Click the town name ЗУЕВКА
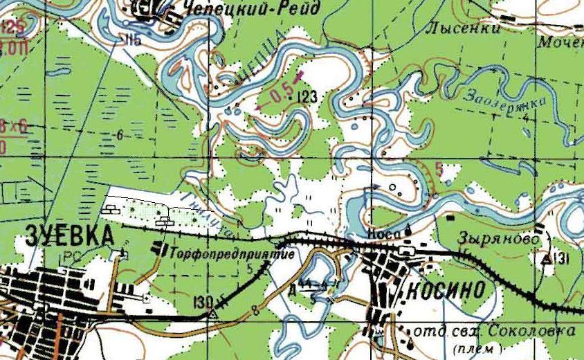pyautogui.click(x=69, y=235)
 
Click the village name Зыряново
pyautogui.click(x=498, y=237)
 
